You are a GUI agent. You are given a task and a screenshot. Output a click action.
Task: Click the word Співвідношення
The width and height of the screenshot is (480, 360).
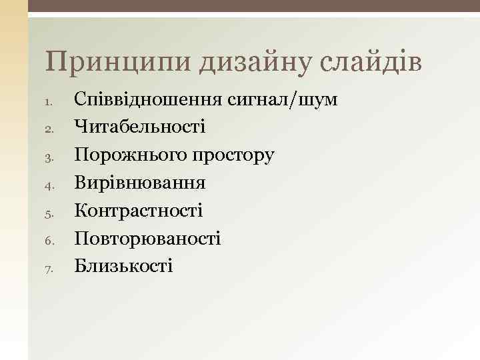point(148,100)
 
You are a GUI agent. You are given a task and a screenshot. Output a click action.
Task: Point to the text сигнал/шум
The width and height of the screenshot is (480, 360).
point(283,100)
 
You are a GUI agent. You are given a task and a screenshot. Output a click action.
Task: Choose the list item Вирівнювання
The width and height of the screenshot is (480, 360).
point(140,183)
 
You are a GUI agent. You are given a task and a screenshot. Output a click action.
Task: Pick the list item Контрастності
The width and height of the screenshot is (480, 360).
point(139,211)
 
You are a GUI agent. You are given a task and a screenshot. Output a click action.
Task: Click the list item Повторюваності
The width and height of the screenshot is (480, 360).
point(147,239)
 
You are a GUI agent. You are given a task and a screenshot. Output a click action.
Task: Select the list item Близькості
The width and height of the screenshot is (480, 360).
point(124,266)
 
